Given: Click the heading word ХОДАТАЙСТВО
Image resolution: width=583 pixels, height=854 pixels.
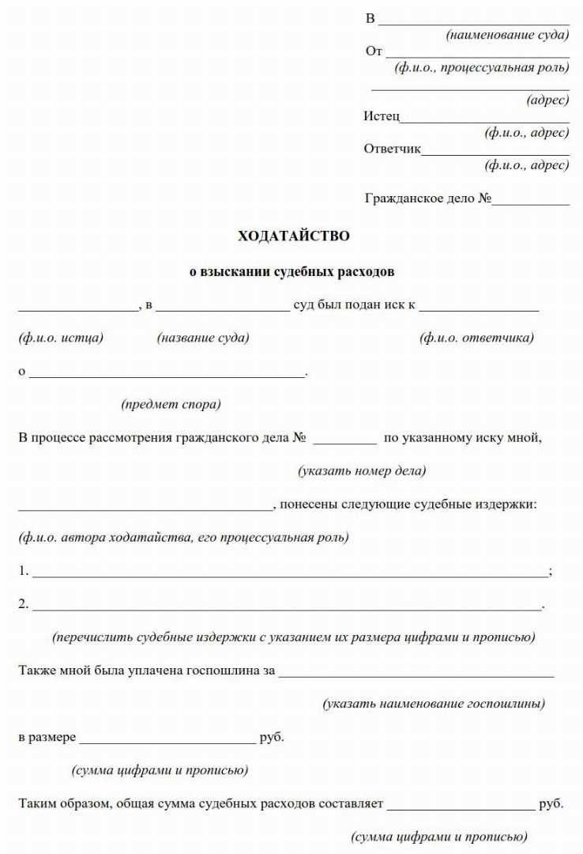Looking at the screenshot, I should point(293,236).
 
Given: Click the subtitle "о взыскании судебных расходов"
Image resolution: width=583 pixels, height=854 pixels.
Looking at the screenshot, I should point(291,272).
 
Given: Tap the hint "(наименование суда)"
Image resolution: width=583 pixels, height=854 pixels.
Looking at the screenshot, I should point(507,35).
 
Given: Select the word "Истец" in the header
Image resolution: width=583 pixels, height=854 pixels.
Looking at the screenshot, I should point(382,116).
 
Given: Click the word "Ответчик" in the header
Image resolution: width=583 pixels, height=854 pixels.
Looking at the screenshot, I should point(392,149).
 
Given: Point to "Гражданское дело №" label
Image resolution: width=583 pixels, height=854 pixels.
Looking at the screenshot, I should point(428,198).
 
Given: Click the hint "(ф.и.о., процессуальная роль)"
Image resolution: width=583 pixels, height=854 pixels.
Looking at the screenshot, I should point(482,67).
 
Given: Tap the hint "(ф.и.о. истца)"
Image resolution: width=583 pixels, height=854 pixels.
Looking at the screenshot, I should point(61,338).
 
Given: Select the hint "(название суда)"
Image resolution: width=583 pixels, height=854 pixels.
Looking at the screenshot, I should point(203,338).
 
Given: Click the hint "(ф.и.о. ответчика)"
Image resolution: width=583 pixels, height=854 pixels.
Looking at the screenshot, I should point(476,338).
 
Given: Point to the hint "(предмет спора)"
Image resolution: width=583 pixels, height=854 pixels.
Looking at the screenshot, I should point(171,404).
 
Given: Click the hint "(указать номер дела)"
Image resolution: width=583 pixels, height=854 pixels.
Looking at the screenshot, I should point(362,470).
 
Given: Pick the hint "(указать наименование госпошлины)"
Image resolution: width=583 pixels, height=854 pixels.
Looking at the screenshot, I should point(434,703).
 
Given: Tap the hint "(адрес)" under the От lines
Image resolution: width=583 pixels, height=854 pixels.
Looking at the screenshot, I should point(547,100).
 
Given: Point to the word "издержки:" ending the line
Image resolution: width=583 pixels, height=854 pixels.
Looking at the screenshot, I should point(510,504).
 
